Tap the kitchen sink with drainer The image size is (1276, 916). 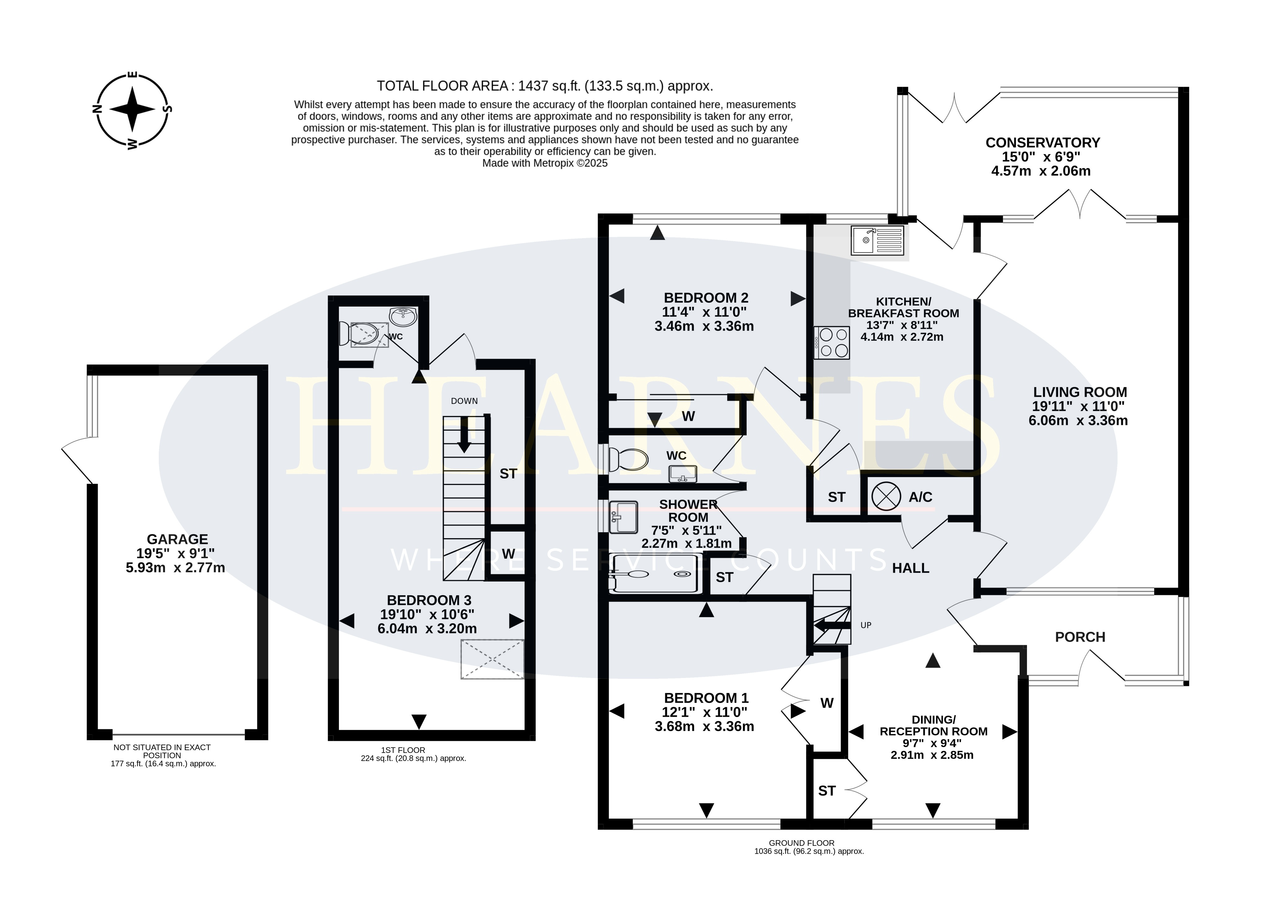[878, 240]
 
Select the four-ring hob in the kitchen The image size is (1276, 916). [832, 343]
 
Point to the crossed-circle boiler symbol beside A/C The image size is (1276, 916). [886, 497]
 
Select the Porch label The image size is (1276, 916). [1080, 637]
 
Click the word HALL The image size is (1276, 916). [910, 568]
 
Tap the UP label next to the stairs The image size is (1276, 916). [866, 625]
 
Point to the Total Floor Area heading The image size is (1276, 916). [545, 86]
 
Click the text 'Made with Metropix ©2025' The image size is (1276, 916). [545, 163]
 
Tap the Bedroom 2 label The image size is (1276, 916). [706, 298]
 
